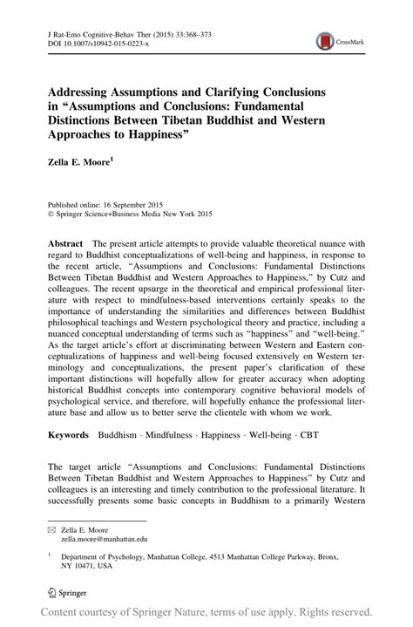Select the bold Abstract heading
click(x=66, y=245)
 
